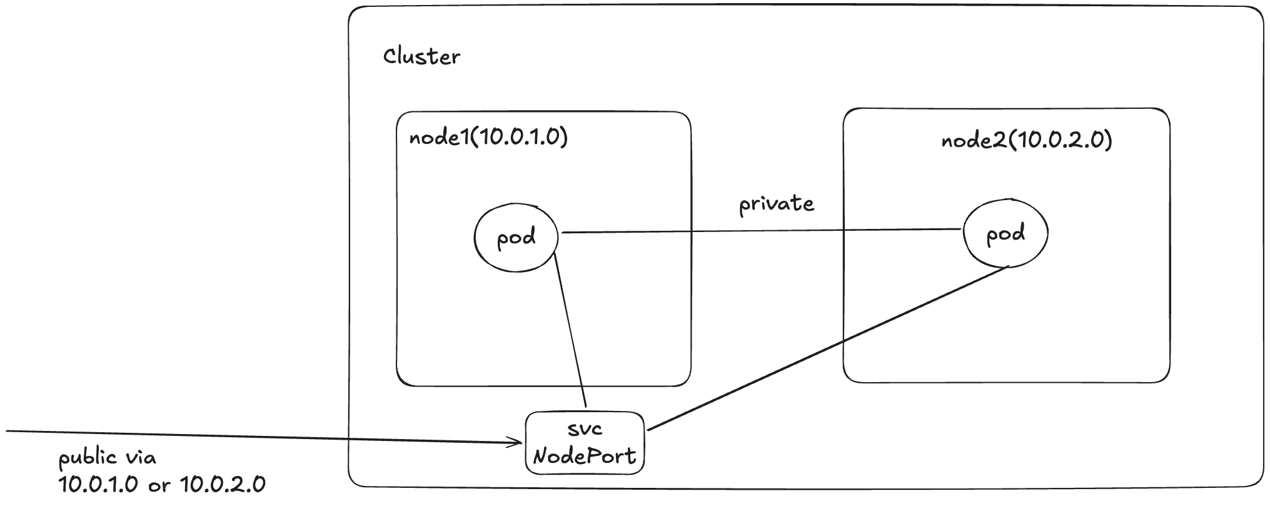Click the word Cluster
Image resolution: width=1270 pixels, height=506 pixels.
point(421,57)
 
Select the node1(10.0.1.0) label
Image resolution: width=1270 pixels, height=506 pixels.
point(488,137)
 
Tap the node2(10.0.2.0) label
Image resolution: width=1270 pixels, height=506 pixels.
point(1027,140)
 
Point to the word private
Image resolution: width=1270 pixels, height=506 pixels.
point(777,204)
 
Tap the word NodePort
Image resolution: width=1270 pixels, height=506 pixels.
point(583,456)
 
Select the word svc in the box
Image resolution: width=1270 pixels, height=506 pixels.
point(585,429)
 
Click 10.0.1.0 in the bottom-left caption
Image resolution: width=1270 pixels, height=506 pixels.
point(98,485)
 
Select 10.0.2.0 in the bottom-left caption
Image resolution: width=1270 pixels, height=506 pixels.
point(223,485)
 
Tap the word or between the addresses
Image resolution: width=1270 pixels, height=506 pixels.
point(159,486)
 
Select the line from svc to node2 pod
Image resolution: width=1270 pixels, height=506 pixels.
point(825,349)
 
